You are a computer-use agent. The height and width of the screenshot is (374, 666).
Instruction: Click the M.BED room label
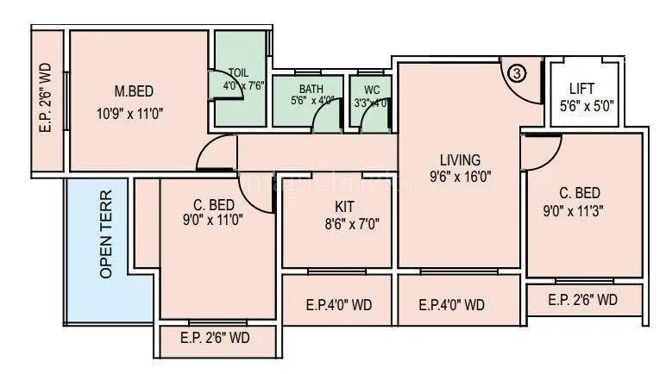point(133,90)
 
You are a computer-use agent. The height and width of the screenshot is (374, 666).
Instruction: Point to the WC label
point(371,89)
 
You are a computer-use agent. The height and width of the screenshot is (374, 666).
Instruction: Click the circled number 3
point(516,73)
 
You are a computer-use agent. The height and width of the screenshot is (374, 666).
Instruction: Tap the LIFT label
point(586,89)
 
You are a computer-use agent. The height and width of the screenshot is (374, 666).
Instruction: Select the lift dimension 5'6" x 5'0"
point(587,107)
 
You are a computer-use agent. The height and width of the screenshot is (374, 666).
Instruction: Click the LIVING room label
point(460,159)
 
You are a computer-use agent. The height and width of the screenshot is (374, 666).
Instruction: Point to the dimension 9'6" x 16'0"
point(461,178)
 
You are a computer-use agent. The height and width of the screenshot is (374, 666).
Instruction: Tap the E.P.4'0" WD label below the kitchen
point(339,305)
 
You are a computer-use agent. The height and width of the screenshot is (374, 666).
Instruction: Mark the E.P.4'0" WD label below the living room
point(451,305)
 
